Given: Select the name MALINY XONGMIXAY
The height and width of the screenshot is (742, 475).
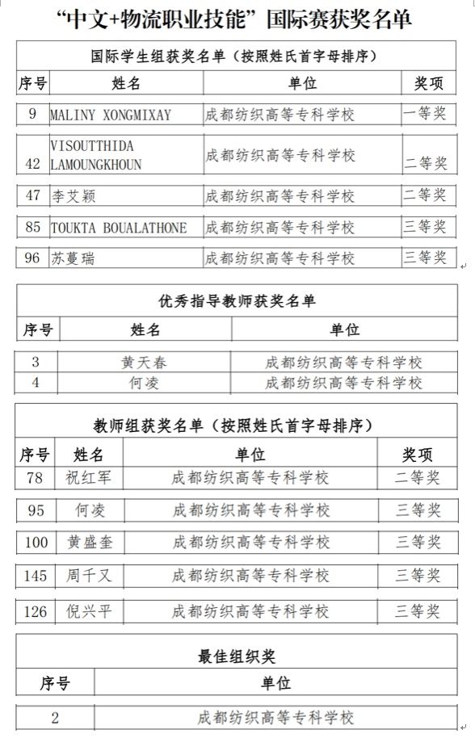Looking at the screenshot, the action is tap(111, 115).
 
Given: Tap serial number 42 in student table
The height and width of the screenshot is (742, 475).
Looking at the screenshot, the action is tap(33, 163).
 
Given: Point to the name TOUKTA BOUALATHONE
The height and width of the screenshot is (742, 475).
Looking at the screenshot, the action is tap(118, 228).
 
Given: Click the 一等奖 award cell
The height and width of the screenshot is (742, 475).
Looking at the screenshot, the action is tap(425, 114).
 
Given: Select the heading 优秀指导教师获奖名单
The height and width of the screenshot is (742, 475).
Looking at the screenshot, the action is tap(237, 301).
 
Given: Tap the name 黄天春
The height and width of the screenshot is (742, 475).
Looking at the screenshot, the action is tap(145, 363).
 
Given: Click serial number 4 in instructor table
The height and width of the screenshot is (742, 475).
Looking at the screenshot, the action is tap(35, 382).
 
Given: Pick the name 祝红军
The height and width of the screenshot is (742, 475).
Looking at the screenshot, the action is tap(88, 478).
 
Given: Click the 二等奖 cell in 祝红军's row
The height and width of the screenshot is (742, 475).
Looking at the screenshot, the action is tap(418, 478).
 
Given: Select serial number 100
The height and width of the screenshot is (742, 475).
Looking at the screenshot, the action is tap(36, 542).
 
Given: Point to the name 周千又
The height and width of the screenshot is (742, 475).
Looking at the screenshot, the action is tap(88, 575).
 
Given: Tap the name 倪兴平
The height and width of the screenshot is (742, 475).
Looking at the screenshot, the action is tap(88, 611).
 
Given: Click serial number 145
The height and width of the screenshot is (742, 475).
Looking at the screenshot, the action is tap(36, 575).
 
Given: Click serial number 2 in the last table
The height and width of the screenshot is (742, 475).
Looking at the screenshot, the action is tap(55, 717).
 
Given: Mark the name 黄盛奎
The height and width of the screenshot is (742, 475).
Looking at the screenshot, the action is tap(88, 542).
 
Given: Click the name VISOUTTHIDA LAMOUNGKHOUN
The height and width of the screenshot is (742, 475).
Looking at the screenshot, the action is tap(96, 155).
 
